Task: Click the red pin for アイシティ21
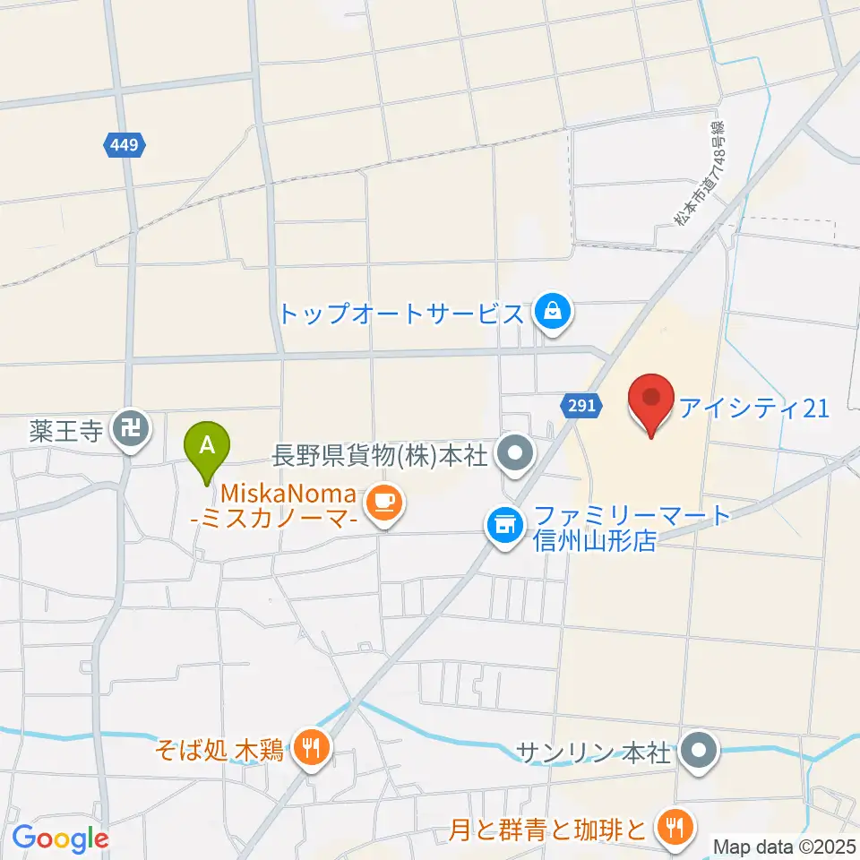(652, 400)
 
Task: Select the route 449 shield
(124, 144)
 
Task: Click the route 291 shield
(580, 407)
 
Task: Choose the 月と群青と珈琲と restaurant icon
(671, 826)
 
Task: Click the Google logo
(61, 838)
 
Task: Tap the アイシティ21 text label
(752, 408)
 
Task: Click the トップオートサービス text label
(400, 314)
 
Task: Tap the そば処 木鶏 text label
(219, 750)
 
